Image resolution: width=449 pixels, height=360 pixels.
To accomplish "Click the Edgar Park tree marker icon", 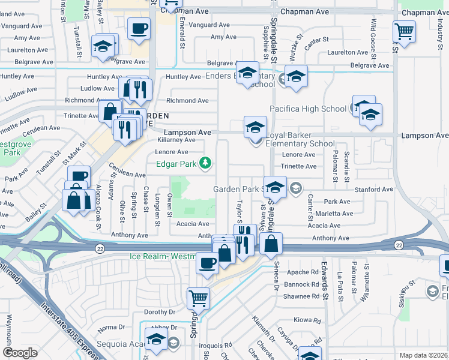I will pos(205,163).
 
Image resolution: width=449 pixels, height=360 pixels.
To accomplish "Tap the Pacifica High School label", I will pos(307,109).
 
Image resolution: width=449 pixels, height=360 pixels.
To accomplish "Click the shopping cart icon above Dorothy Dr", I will pos(197,297).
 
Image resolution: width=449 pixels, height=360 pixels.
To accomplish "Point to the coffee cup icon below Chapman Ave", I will pos(139,28).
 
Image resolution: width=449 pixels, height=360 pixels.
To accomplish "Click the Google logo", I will pos(20,353).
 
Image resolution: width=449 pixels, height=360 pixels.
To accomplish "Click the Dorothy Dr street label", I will pos(159,312).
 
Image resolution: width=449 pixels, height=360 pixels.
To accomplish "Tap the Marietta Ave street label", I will pos(332,214).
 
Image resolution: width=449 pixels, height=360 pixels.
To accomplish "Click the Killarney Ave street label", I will pos(176,140).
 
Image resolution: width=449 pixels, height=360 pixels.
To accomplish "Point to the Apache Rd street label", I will pos(306,271).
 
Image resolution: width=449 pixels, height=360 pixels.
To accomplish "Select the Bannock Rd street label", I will pos(306,283).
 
